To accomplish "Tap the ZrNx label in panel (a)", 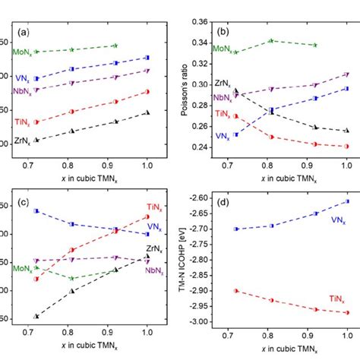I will (23, 141).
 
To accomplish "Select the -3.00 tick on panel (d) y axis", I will (194, 322).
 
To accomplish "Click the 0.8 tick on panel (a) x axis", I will (72, 163).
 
